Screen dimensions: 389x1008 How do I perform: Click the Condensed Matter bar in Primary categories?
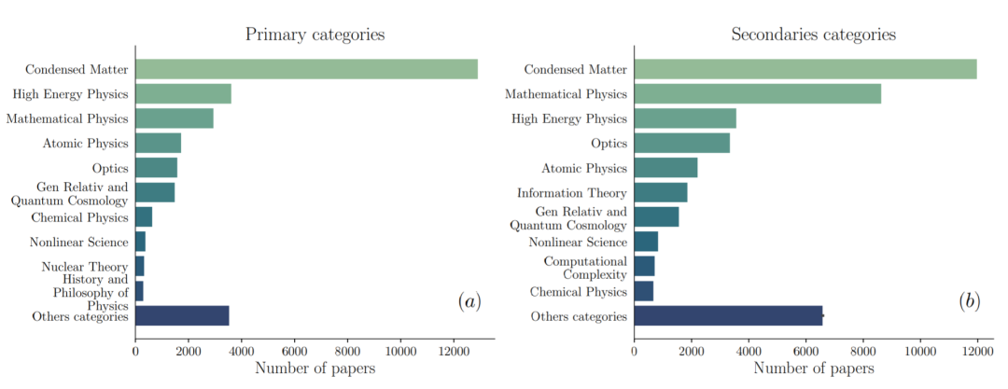coord(306,69)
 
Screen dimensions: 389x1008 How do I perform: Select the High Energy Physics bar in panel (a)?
coord(183,93)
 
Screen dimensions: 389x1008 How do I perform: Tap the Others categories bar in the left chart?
coord(182,315)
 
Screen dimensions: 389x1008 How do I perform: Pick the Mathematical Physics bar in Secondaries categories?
coord(757,93)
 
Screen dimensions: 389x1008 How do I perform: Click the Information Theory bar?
coord(660,192)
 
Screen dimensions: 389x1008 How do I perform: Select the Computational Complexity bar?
coord(644,266)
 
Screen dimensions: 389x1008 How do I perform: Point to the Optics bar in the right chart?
coord(681,143)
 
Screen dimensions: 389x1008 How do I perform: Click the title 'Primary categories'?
coord(315,35)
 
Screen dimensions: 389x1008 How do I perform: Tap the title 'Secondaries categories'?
coord(813,35)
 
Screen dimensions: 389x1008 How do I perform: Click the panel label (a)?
coord(469,300)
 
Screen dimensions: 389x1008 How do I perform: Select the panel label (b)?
coord(970,300)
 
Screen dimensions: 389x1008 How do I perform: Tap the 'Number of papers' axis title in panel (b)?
coord(813,368)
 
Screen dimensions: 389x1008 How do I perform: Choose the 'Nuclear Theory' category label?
coord(85,267)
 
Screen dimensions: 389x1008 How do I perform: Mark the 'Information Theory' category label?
coord(572,193)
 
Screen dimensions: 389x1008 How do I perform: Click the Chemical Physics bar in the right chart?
coord(643,291)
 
